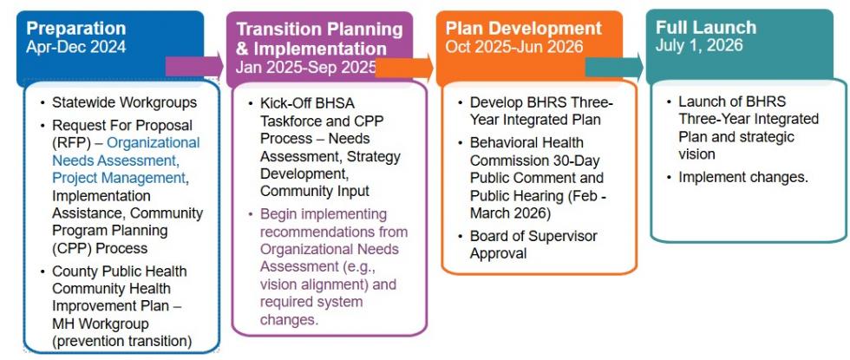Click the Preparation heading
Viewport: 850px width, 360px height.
tap(76, 28)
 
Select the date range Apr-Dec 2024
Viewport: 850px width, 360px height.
tap(76, 47)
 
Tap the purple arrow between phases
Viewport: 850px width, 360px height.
tap(194, 66)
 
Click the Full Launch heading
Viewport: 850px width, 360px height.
tap(706, 27)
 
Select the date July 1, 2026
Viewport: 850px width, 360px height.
tap(699, 45)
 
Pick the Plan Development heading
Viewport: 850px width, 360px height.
tap(524, 28)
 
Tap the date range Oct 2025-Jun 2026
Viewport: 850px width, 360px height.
tap(514, 47)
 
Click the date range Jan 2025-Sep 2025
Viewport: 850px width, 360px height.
tap(306, 67)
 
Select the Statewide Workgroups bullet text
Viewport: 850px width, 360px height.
tap(125, 102)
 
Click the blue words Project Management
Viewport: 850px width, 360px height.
tap(119, 178)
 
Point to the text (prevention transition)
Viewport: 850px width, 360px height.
tap(122, 342)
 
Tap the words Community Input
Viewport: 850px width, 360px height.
tap(314, 192)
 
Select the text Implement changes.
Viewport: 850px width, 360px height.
tap(743, 177)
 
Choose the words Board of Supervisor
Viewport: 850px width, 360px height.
tap(533, 236)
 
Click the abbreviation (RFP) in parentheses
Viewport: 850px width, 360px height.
tap(68, 143)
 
